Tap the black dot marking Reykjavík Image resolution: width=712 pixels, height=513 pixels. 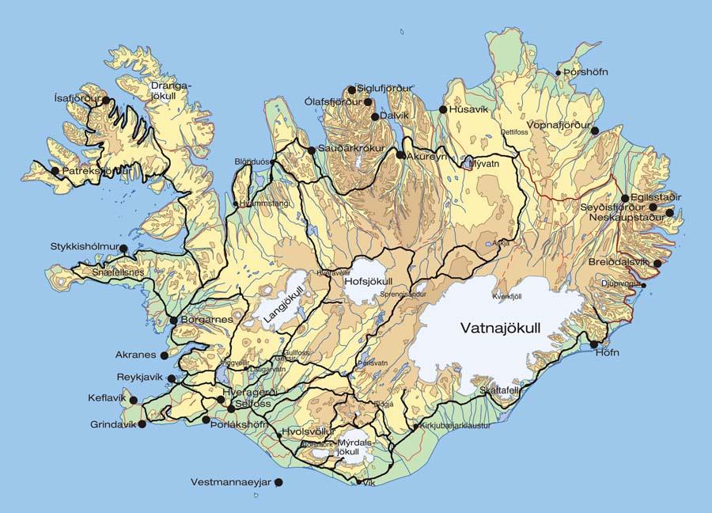[172, 379]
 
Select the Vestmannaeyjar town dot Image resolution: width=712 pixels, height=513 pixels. [278, 482]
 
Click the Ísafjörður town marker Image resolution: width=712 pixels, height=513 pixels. [106, 101]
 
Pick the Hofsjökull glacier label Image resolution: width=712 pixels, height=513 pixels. [369, 281]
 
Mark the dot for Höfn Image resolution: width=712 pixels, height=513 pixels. [594, 344]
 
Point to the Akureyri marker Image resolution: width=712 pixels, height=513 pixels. [401, 156]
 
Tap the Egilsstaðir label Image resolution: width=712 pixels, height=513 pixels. [657, 197]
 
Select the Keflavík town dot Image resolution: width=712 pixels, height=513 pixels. [133, 400]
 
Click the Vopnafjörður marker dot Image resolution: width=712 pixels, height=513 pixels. [595, 131]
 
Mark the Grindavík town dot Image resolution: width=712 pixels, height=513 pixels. [142, 425]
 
